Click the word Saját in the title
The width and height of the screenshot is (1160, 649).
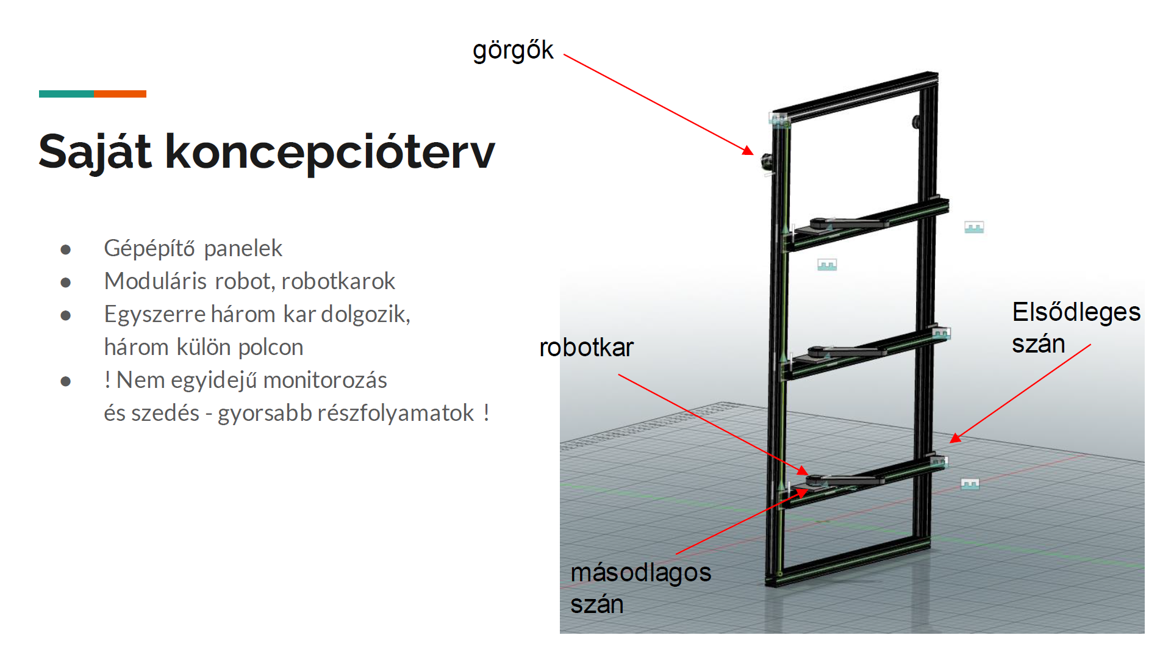click(x=95, y=152)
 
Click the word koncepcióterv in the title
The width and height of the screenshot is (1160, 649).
click(x=330, y=152)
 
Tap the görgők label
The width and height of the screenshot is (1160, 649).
click(x=513, y=51)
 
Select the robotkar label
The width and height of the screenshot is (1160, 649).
click(x=587, y=348)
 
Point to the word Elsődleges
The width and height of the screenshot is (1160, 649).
click(x=1076, y=312)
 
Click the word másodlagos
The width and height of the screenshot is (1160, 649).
click(x=641, y=572)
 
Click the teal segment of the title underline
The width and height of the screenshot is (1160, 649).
click(x=66, y=94)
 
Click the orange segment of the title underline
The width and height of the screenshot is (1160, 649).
click(x=120, y=94)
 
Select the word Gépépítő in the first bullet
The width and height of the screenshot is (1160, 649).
click(x=149, y=249)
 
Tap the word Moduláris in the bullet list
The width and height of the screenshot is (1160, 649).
click(x=156, y=281)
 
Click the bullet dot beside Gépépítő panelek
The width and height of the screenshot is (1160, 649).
click(x=66, y=249)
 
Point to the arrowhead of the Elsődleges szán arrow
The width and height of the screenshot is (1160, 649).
click(x=955, y=437)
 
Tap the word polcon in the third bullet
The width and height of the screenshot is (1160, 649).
click(x=271, y=347)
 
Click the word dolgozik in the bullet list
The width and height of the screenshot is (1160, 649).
click(x=365, y=314)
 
